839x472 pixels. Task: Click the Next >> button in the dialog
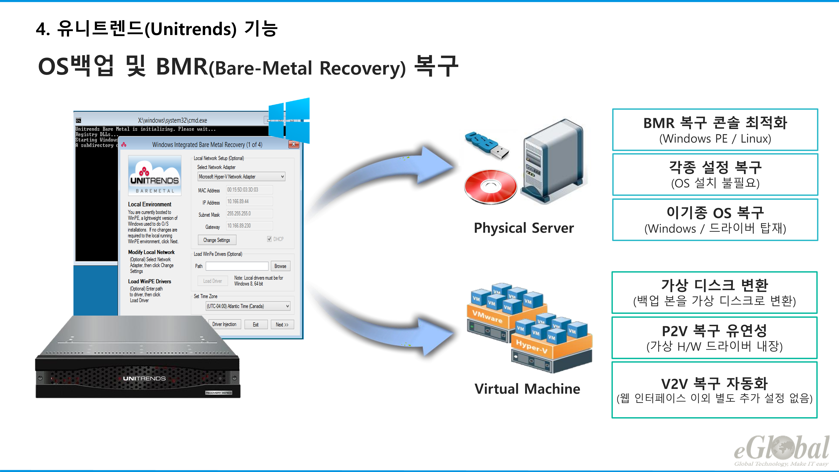point(282,325)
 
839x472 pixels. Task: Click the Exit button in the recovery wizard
point(256,325)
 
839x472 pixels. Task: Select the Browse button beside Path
point(280,266)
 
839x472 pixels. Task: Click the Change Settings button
point(217,240)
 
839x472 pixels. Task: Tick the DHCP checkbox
point(269,239)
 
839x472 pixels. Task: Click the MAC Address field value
point(249,190)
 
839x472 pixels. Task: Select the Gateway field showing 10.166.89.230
point(249,226)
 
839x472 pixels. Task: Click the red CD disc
point(491,187)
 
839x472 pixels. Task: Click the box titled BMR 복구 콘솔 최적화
point(715,130)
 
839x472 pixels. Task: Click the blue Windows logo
point(289,121)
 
